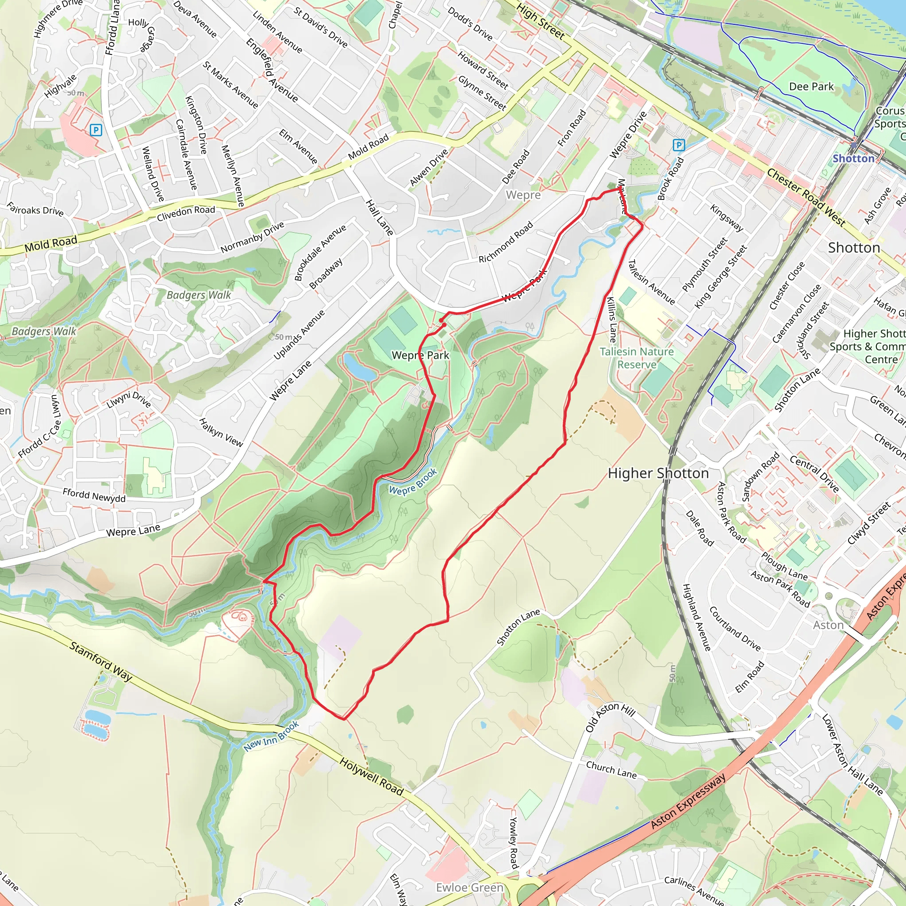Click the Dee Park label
tap(811, 87)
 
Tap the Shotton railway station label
tap(853, 158)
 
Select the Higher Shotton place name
tap(658, 473)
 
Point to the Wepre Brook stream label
tap(413, 482)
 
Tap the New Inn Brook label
tap(271, 736)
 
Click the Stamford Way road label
tap(101, 661)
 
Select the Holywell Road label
tap(372, 777)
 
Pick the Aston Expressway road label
tap(688, 802)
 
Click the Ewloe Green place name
tap(469, 888)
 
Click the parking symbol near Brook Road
tap(678, 145)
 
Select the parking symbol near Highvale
tap(96, 130)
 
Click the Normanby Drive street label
tap(252, 237)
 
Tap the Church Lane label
tap(611, 770)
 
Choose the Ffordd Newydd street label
tap(94, 495)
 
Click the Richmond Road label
tap(506, 242)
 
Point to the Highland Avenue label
tap(696, 617)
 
